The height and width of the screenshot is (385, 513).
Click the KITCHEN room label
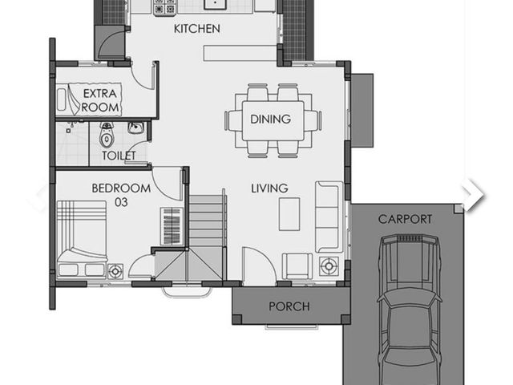tap(196, 29)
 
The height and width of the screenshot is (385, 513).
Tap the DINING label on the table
tap(270, 120)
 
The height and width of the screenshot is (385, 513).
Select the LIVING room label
tap(269, 188)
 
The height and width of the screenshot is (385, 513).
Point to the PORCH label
tap(289, 306)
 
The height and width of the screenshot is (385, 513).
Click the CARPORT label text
tap(405, 219)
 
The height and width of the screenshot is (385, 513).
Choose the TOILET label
tap(119, 156)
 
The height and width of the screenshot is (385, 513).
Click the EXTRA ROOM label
tap(100, 100)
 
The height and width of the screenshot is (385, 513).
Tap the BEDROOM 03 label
tap(121, 195)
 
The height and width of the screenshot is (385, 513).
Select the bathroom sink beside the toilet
tap(135, 128)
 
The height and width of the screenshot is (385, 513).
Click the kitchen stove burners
tap(164, 7)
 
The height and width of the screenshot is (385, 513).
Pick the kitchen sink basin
tap(216, 4)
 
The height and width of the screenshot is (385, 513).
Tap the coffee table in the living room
tap(289, 214)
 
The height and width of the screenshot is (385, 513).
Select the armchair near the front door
tap(297, 265)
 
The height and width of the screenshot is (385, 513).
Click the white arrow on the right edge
tap(474, 195)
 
